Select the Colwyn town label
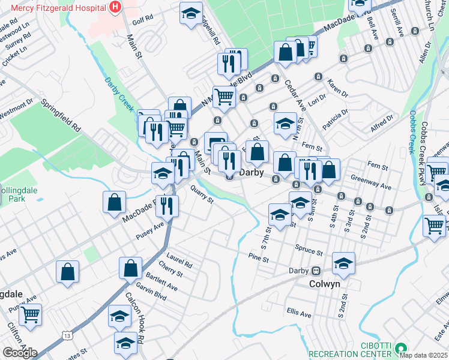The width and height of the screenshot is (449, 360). click(x=325, y=284)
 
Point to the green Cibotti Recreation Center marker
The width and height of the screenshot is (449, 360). click(x=400, y=347)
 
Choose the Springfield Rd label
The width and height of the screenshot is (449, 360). click(x=61, y=115)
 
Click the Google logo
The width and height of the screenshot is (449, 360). click(x=20, y=352)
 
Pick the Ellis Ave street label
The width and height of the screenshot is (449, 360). click(x=299, y=313)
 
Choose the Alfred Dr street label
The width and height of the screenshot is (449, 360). click(x=382, y=125)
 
